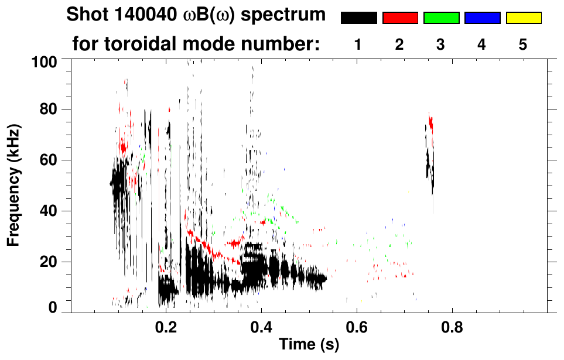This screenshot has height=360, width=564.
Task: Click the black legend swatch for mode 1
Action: pyautogui.click(x=358, y=18)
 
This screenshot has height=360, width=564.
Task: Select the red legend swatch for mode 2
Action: pyautogui.click(x=400, y=18)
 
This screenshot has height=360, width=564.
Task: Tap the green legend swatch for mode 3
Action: pyautogui.click(x=441, y=18)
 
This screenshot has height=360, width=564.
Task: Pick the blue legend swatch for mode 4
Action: pyautogui.click(x=482, y=18)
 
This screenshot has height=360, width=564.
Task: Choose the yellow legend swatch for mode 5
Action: pyautogui.click(x=523, y=18)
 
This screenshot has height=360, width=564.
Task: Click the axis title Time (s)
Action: pyautogui.click(x=309, y=345)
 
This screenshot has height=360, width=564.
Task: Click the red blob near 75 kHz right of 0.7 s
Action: pyautogui.click(x=431, y=123)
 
